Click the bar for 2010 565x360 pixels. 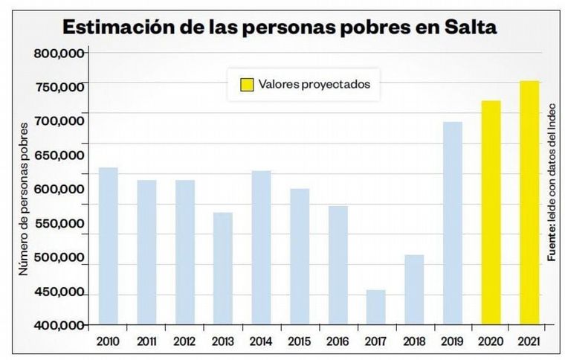click(x=109, y=246)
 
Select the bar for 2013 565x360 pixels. click(x=223, y=269)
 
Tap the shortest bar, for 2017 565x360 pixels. click(x=376, y=307)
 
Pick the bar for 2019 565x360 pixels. click(x=453, y=223)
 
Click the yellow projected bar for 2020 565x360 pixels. click(x=491, y=213)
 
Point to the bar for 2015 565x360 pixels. click(x=300, y=257)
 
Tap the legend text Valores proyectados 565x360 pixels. click(x=314, y=84)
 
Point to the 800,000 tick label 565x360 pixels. click(x=59, y=54)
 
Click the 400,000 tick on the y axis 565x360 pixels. click(x=59, y=325)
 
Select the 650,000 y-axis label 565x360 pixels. click(x=59, y=155)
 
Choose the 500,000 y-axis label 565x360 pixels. click(x=59, y=257)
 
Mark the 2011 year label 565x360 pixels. click(x=146, y=341)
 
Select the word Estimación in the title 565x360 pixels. click(x=123, y=28)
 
